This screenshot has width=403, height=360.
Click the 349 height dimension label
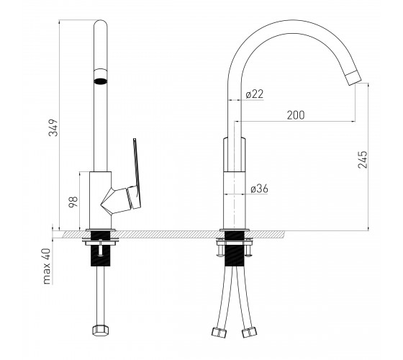click(x=53, y=127)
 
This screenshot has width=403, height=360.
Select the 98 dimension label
click(x=73, y=202)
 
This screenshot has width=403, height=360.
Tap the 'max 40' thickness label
click(x=47, y=266)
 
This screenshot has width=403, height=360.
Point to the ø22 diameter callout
click(x=255, y=94)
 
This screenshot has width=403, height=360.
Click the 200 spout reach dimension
click(x=296, y=115)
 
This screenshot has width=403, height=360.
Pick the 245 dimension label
click(x=363, y=159)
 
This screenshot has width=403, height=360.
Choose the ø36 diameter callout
click(x=259, y=189)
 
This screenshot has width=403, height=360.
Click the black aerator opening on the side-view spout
click(x=101, y=81)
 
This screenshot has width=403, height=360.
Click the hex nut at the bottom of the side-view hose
click(x=100, y=330)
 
